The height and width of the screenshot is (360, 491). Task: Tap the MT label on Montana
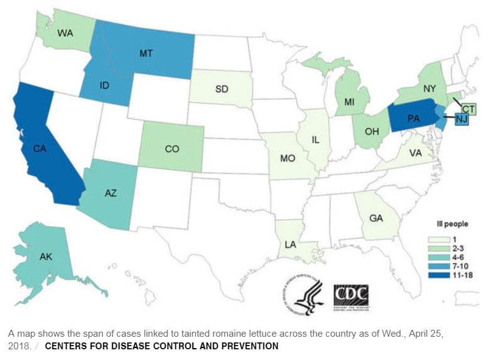point(146,53)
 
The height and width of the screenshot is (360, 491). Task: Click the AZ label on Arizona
point(111,194)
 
